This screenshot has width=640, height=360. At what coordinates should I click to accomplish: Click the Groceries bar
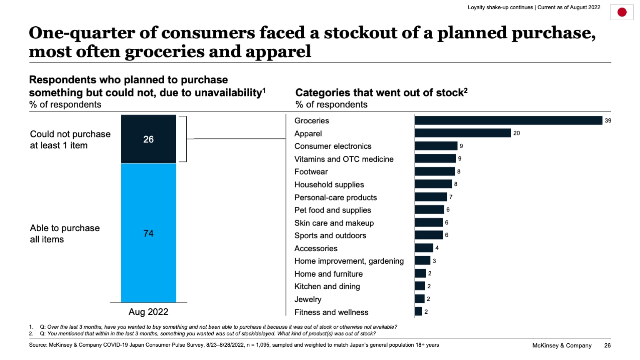pyautogui.click(x=508, y=120)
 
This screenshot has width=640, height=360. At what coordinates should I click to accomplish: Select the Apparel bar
pyautogui.click(x=462, y=133)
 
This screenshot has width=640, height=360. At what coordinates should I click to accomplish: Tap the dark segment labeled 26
pyautogui.click(x=148, y=139)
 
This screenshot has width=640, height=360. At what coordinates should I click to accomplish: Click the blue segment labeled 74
pyautogui.click(x=148, y=233)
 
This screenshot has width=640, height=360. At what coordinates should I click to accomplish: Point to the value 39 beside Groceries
pyautogui.click(x=608, y=120)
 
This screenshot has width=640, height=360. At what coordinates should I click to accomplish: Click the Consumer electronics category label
pyautogui.click(x=332, y=146)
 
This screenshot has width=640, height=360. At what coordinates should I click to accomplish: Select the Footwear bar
pyautogui.click(x=435, y=171)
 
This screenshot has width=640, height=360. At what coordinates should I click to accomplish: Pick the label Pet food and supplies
pyautogui.click(x=332, y=210)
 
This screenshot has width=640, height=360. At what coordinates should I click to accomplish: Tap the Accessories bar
pyautogui.click(x=424, y=248)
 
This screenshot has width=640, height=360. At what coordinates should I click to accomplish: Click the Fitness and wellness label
pyautogui.click(x=331, y=312)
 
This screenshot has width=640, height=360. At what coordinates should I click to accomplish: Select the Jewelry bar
pyautogui.click(x=420, y=299)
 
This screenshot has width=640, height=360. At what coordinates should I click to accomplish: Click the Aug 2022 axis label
pyautogui.click(x=148, y=312)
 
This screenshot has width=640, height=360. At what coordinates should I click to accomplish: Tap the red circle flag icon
pyautogui.click(x=622, y=12)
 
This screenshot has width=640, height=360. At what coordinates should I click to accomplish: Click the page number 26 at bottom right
pyautogui.click(x=607, y=345)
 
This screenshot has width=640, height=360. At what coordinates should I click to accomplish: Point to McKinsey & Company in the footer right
pyautogui.click(x=562, y=345)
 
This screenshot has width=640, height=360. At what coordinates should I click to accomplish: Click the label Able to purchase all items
pyautogui.click(x=65, y=233)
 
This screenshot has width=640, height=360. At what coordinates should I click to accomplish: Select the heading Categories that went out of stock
pyautogui.click(x=381, y=92)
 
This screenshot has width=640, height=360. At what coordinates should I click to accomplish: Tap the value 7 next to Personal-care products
pyautogui.click(x=451, y=197)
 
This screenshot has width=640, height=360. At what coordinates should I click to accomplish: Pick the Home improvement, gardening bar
pyautogui.click(x=422, y=260)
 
